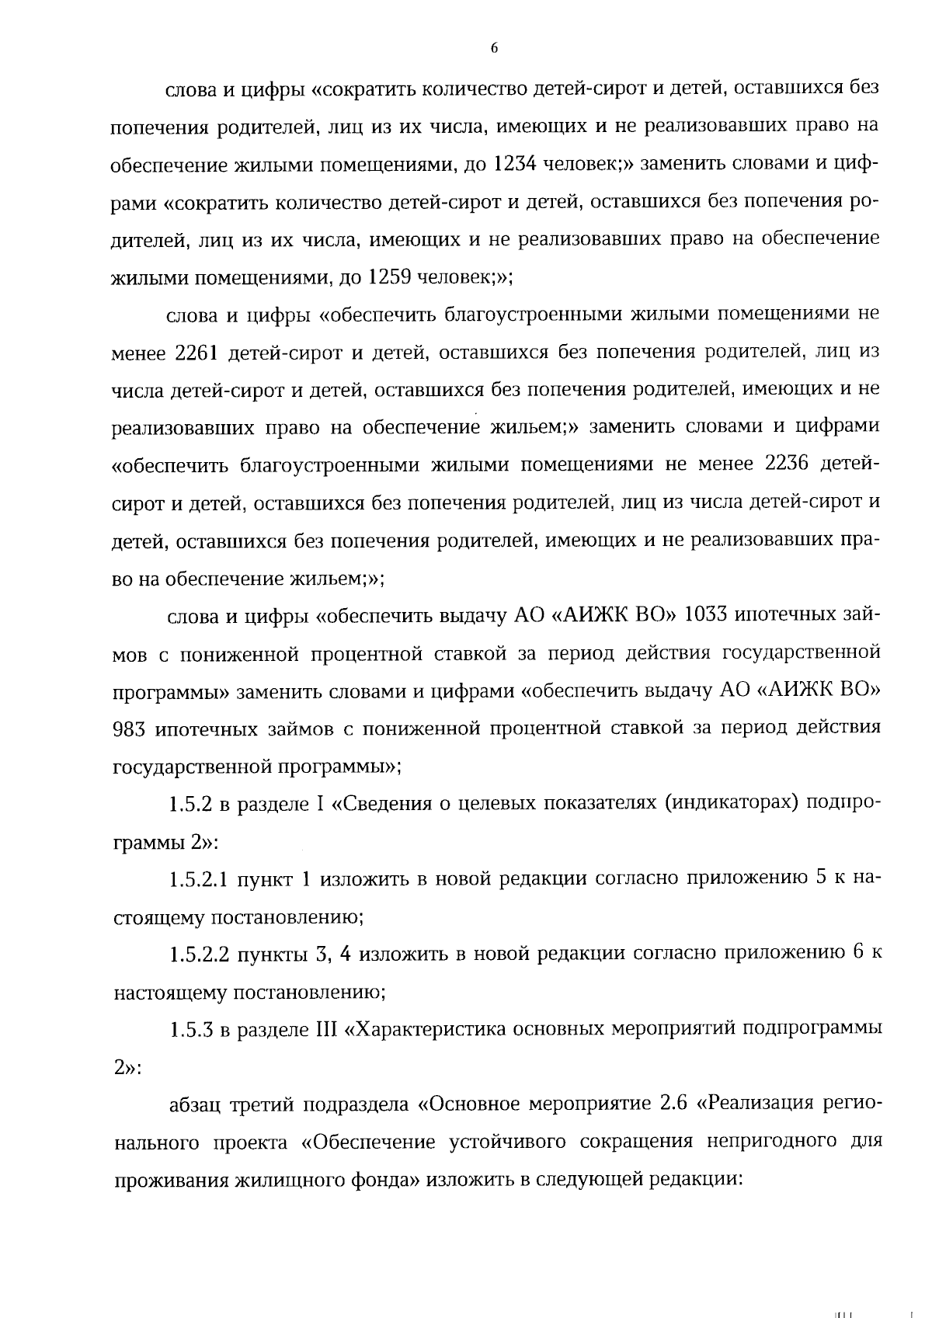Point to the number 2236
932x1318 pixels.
click(788, 465)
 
